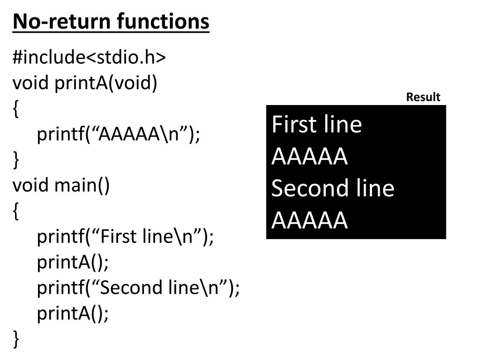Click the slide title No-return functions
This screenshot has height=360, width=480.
pos(111,22)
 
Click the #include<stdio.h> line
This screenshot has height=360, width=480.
pos(89,57)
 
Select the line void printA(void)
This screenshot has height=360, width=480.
pos(85,83)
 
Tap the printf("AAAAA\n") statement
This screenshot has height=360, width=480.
pos(119,134)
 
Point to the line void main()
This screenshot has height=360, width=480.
pos(61,186)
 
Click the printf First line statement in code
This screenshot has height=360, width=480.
pos(125,237)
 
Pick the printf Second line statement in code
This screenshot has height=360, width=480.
pos(138,288)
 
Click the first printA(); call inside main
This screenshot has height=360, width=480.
pos(73,262)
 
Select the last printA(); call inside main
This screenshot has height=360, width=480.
pos(73,314)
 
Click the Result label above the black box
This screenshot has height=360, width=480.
pos(423,97)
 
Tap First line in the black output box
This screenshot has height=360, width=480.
pos(316,124)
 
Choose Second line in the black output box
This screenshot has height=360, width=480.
pos(333,188)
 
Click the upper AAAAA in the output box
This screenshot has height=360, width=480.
pos(309,157)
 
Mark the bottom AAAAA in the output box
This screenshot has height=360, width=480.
pos(309,220)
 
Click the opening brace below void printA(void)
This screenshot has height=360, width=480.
pos(16,109)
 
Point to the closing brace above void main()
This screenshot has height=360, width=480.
pos(16,160)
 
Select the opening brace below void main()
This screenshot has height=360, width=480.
pos(16,211)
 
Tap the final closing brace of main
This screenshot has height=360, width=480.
pos(16,339)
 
